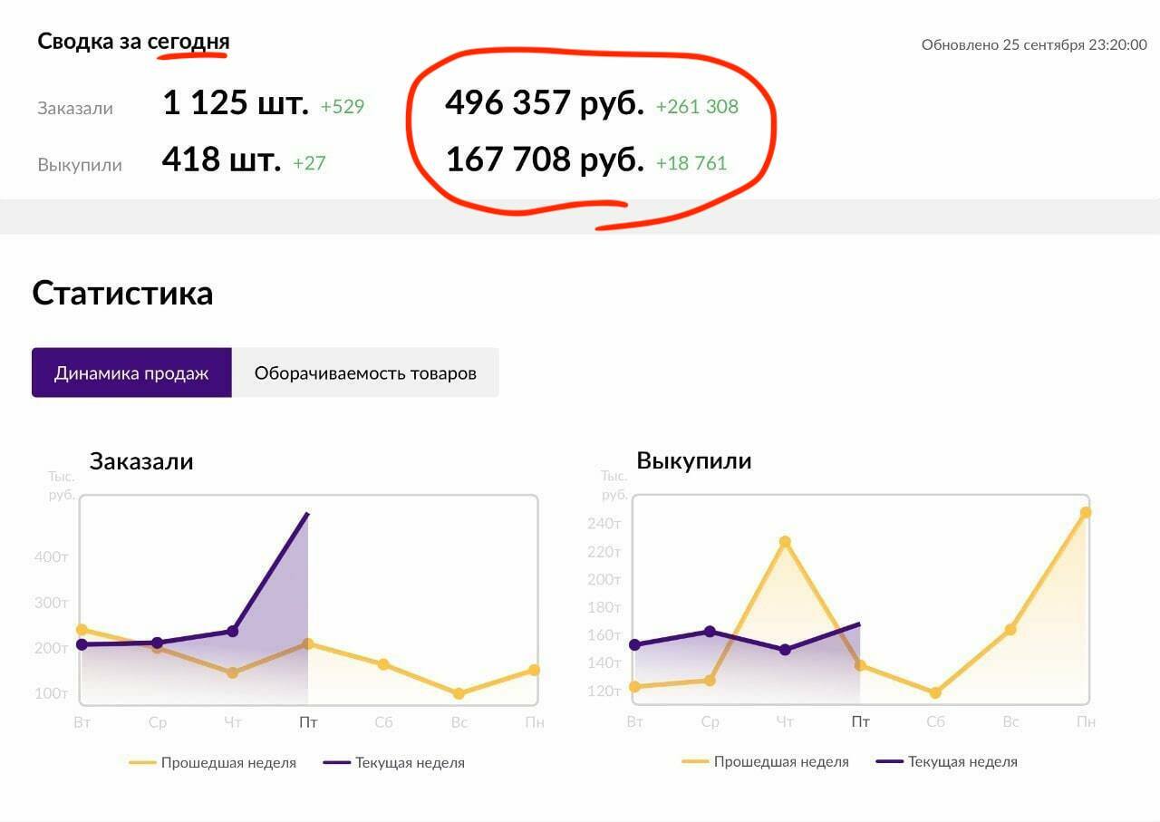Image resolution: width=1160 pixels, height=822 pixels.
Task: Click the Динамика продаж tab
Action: (x=131, y=372)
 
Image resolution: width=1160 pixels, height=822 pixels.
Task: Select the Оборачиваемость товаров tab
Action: (x=365, y=372)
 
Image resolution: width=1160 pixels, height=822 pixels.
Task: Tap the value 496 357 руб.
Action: (x=544, y=103)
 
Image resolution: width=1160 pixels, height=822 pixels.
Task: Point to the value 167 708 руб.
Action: (x=545, y=160)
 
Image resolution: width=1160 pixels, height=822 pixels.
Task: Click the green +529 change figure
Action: (x=343, y=107)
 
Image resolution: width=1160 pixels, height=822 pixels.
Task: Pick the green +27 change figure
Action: (x=309, y=163)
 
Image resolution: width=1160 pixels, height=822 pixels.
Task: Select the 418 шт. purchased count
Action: (x=221, y=160)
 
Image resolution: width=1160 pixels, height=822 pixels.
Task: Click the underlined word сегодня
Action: (x=188, y=41)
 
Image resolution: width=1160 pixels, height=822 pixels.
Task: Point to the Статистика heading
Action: (x=122, y=294)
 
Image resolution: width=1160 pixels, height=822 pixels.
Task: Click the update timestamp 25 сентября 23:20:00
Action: (x=1074, y=44)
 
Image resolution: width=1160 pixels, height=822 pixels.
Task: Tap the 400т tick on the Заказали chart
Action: (x=51, y=556)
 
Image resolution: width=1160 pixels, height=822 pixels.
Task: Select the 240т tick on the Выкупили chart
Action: (x=604, y=524)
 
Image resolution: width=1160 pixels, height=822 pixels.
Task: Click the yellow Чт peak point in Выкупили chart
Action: (x=785, y=542)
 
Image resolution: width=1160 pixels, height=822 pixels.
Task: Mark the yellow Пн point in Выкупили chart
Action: (x=1086, y=512)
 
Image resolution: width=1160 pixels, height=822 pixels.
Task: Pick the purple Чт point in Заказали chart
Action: (x=233, y=631)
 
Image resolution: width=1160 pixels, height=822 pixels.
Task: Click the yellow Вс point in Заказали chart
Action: (x=459, y=693)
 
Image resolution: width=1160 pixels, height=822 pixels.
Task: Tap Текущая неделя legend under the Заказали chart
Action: (x=409, y=763)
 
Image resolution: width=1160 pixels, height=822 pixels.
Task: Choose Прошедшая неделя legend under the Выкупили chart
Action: (x=780, y=762)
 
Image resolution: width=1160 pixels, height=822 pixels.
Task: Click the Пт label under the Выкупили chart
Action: (x=860, y=722)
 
